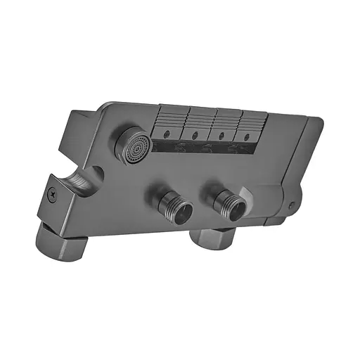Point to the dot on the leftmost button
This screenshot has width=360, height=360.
(x=166, y=131)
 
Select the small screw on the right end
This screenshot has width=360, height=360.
(x=292, y=205)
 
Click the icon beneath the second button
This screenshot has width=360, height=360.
(x=206, y=147)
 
